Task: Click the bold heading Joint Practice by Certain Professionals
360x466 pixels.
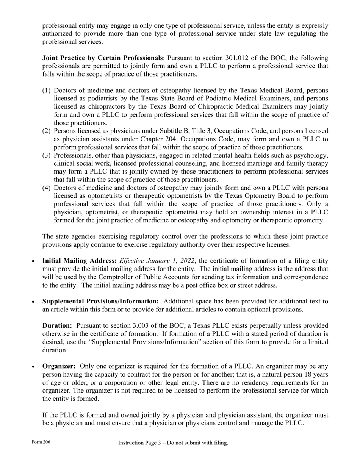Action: tap(102, 58)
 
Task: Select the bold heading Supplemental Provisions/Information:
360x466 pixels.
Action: tap(100, 301)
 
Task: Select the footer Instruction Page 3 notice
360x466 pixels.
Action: tap(173, 443)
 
